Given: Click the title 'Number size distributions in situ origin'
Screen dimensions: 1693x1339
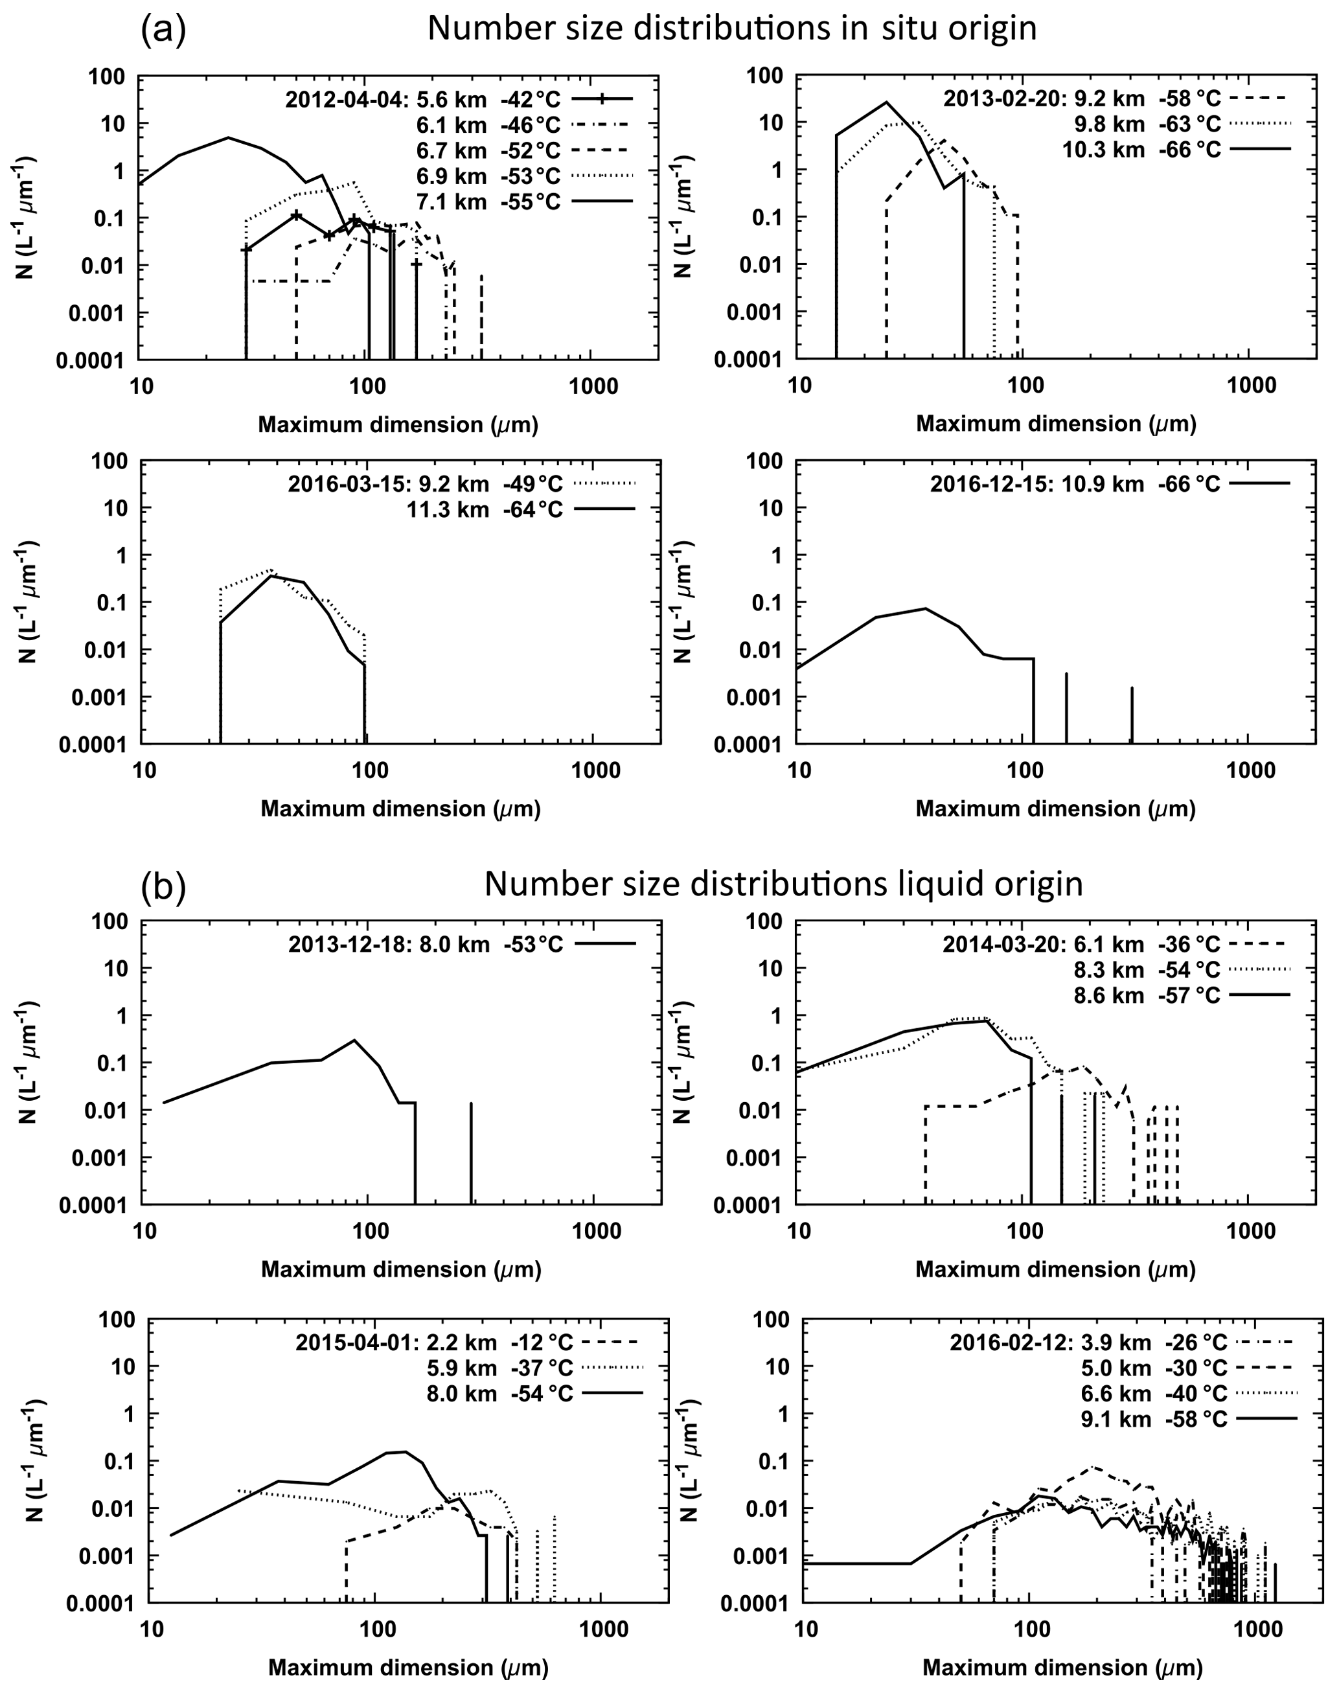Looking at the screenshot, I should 731,29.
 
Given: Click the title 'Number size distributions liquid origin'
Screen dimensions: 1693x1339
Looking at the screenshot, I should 783,884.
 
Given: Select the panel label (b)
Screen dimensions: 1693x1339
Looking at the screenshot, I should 163,885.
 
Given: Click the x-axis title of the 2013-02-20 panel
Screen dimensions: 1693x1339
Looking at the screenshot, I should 1055,424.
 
